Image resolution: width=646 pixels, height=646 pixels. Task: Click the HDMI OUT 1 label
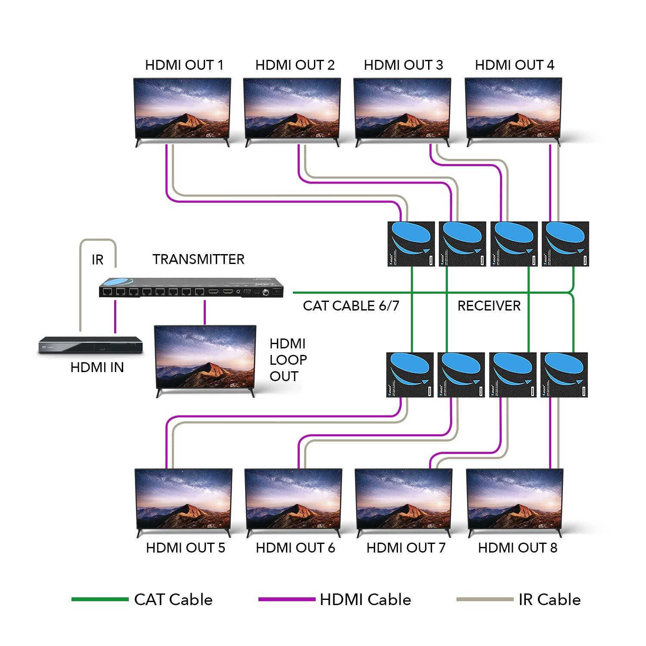click(184, 65)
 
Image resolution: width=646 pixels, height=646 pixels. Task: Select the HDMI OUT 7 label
click(405, 548)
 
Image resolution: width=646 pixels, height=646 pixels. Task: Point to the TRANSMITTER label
click(198, 259)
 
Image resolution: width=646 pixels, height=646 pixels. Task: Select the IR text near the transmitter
click(97, 260)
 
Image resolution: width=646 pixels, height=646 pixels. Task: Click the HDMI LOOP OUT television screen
click(205, 356)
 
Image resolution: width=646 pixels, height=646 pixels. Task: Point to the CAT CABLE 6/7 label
click(351, 306)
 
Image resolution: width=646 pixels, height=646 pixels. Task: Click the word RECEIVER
click(489, 306)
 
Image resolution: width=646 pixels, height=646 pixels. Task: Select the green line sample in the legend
click(99, 599)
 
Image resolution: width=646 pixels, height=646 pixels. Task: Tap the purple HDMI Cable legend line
click(286, 599)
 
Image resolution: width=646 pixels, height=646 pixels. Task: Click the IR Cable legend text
click(549, 599)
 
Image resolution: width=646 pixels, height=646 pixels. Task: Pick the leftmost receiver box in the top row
click(411, 244)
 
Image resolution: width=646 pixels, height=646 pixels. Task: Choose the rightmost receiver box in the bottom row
click(564, 375)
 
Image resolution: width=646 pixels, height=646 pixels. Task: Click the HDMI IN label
click(97, 367)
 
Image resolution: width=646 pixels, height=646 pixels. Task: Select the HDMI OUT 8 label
click(517, 548)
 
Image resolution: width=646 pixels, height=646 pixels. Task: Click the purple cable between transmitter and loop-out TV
click(205, 312)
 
